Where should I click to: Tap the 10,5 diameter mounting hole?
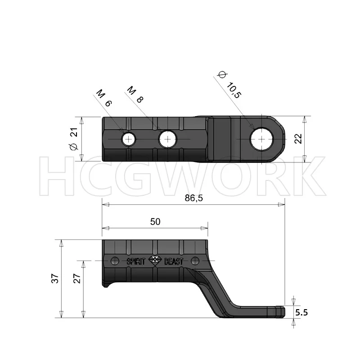coord(261,139)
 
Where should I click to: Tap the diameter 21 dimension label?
coord(74,139)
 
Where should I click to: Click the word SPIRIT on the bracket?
coord(136,261)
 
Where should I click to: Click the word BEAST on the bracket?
coord(173,261)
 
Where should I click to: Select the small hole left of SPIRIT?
coord(115,261)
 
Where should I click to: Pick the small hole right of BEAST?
coord(195,261)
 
